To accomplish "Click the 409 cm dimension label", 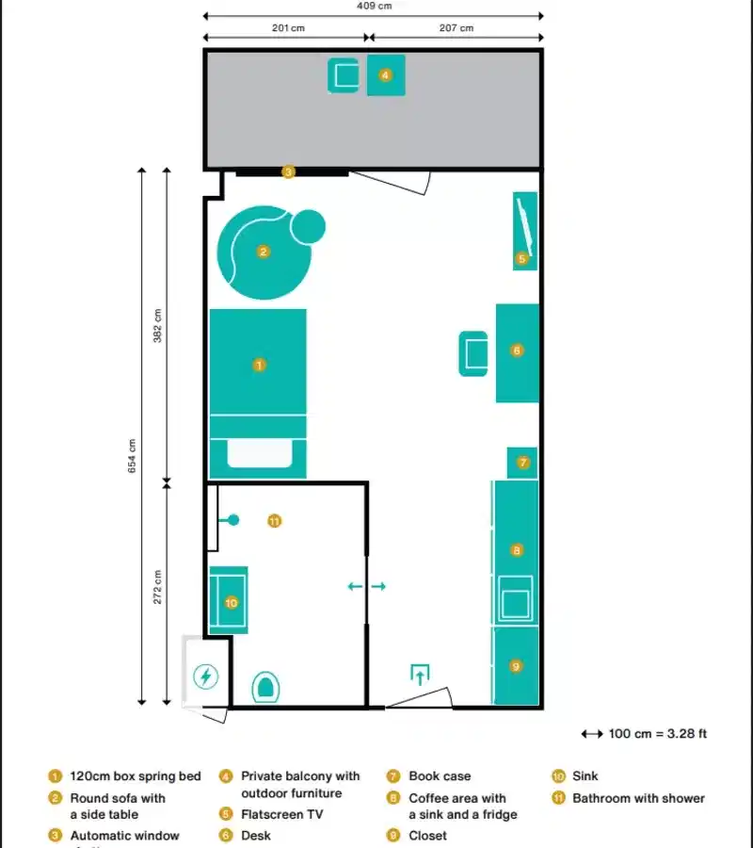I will tap(374, 6).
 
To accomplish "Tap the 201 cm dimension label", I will tap(288, 27).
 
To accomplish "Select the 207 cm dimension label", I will tap(456, 27).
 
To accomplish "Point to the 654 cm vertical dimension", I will tap(133, 456).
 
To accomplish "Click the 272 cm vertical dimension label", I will tap(157, 587).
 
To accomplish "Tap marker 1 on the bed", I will tap(260, 364).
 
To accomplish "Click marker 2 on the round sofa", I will tap(264, 252).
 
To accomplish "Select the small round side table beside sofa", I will tap(308, 226).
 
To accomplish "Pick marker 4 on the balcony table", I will tap(385, 75).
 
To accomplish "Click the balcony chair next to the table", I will tap(344, 75).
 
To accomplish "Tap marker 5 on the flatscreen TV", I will tap(521, 258).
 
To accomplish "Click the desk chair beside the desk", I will tap(473, 353).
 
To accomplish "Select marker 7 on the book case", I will tap(523, 463).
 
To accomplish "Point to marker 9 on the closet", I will tap(516, 666).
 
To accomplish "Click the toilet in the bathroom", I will tap(266, 687).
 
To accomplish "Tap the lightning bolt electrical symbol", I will tap(206, 676).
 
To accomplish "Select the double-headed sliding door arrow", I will tap(366, 586).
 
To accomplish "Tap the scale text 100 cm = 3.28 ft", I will tap(658, 734).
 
